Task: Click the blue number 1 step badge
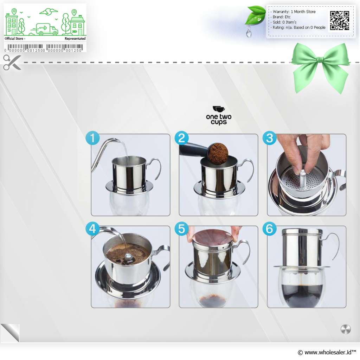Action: (92, 138)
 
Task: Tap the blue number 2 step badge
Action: (181, 138)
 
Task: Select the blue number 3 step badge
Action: (270, 138)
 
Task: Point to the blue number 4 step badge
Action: (92, 229)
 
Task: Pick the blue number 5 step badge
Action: (181, 229)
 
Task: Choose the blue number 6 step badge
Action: (270, 229)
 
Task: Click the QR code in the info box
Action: (340, 21)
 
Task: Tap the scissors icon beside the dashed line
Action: (12, 62)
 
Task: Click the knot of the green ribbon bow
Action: (320, 60)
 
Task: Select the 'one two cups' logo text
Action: (219, 119)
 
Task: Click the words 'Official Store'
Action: (14, 39)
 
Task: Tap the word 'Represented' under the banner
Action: (75, 39)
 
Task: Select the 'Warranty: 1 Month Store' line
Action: (294, 12)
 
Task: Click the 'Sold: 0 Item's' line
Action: (284, 22)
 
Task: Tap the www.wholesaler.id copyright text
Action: (327, 352)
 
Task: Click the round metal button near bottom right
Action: (346, 329)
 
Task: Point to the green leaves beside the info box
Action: (255, 15)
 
